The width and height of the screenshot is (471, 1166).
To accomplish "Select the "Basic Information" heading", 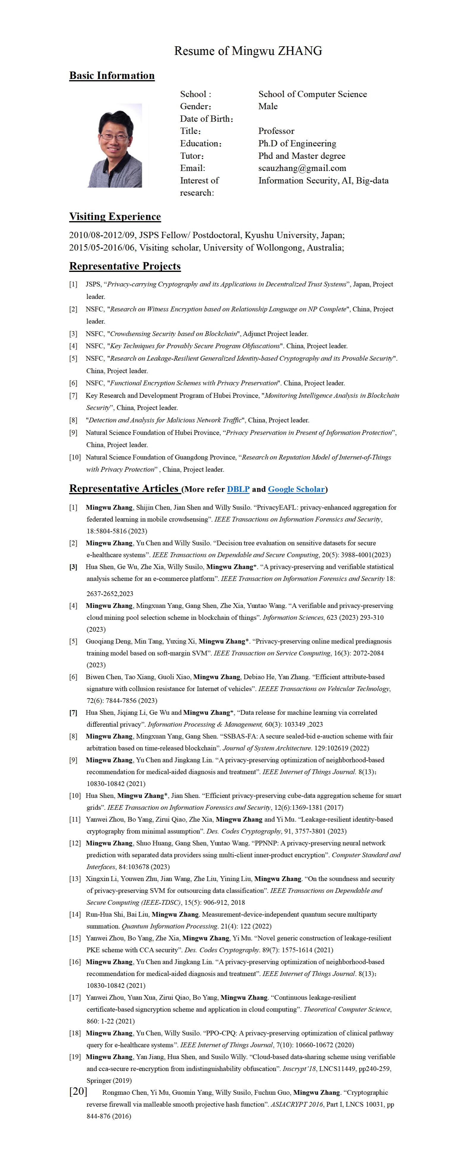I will pos(112,76).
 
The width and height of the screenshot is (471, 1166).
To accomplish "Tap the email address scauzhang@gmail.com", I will pos(302,168).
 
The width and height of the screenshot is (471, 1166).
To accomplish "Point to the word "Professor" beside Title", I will pos(276,131).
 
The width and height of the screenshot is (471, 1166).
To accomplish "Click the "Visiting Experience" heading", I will pos(115,216).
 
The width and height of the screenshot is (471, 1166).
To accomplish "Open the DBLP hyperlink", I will pos(238,489).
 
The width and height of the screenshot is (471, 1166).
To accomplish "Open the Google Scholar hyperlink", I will pos(296,489).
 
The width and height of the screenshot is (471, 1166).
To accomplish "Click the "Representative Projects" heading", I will pos(125,266).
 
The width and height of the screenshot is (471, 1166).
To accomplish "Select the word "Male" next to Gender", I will pos(268,106).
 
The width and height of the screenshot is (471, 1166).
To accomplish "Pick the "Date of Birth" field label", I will pos(206,119).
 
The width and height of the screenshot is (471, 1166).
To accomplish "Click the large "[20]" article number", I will pos(78,1091).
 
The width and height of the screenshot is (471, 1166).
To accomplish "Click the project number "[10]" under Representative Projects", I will pos(75,457).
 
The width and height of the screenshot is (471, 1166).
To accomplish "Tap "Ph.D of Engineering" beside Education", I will pos(297,143).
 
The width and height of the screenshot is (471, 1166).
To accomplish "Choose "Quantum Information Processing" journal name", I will pos(169,926).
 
